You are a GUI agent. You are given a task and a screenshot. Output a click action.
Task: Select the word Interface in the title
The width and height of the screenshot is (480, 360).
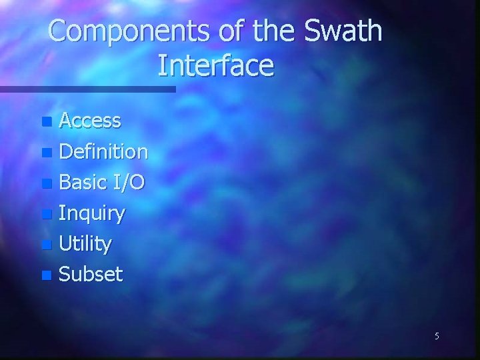pos(216,66)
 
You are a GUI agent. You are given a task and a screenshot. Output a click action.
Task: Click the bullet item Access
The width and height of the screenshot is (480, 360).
pos(90,121)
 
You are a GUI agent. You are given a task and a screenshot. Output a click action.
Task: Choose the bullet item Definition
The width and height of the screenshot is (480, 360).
pos(103,152)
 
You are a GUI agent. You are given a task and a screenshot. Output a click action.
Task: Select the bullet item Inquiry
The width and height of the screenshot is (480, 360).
pos(91,214)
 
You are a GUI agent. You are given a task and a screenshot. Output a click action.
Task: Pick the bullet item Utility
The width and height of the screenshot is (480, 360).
pos(85,245)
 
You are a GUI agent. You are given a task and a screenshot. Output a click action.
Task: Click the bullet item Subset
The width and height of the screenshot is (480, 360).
pos(91,275)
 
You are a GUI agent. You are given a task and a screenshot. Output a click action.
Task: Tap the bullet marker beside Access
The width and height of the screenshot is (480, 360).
pos(45,122)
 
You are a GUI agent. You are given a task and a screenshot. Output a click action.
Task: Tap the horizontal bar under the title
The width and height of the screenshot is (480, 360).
pos(87,89)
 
